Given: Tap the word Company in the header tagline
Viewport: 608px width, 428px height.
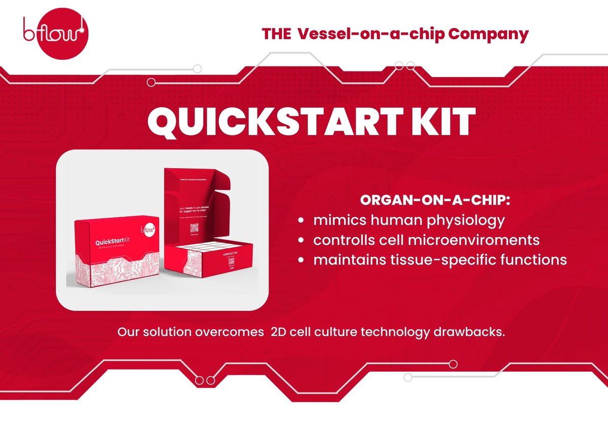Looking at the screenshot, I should (x=488, y=34).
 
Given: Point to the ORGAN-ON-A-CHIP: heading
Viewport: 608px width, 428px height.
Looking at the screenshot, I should (x=435, y=200).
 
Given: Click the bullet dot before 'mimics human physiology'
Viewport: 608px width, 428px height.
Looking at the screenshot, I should (x=301, y=221).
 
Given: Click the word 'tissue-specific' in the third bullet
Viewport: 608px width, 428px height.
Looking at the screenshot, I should (x=434, y=260).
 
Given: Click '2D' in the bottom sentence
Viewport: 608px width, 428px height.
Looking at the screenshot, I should (x=280, y=333).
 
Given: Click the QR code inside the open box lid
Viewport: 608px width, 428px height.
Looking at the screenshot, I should (x=194, y=227).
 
